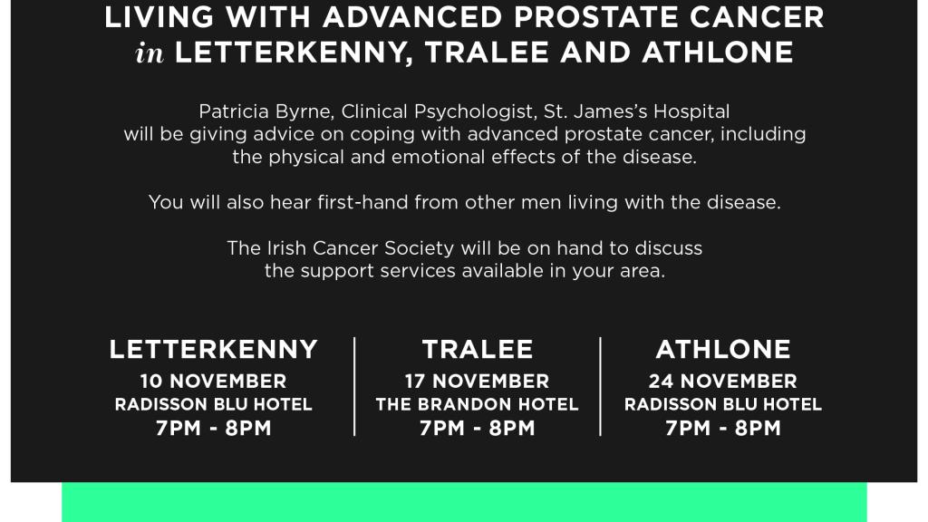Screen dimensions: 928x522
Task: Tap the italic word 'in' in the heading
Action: click(150, 53)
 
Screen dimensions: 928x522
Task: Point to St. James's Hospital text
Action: click(637, 111)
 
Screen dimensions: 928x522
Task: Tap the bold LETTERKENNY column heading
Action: click(214, 349)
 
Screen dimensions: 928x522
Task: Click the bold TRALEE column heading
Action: click(478, 349)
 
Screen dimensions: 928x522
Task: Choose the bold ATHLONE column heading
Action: click(723, 349)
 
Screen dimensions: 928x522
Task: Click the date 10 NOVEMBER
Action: click(214, 382)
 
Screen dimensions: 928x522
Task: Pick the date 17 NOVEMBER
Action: click(477, 382)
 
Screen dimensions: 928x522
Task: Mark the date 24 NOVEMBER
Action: click(722, 382)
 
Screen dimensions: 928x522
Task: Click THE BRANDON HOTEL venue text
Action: click(477, 405)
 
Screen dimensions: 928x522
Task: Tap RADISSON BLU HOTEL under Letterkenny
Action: click(214, 405)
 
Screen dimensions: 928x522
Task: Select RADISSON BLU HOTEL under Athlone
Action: click(723, 405)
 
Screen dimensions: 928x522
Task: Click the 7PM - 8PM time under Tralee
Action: click(477, 428)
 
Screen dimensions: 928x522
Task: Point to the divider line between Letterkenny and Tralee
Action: click(354, 386)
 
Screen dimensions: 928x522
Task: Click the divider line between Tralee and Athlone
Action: click(600, 386)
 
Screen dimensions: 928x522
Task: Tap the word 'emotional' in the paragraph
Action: click(439, 158)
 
